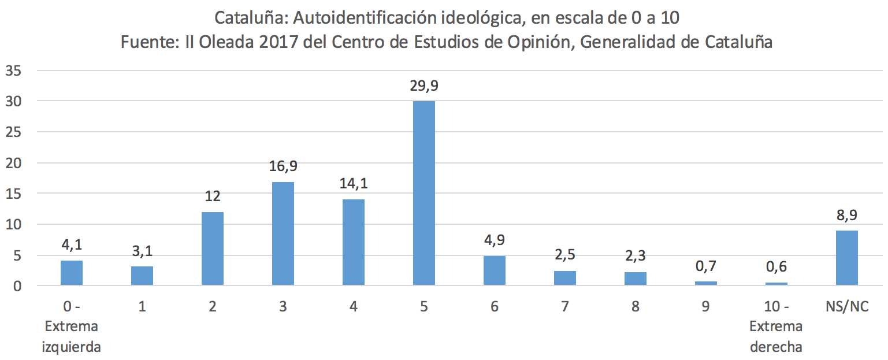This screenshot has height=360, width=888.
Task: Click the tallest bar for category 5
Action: pyautogui.click(x=424, y=193)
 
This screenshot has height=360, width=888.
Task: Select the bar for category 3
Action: pyautogui.click(x=283, y=233)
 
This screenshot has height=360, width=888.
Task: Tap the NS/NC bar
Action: pyautogui.click(x=847, y=258)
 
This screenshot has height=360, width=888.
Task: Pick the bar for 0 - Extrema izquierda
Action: pyautogui.click(x=72, y=273)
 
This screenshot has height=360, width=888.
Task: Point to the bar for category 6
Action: pyautogui.click(x=495, y=270)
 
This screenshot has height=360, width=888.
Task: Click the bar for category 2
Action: pyautogui.click(x=213, y=248)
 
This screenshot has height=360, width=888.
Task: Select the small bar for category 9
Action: pyautogui.click(x=706, y=283)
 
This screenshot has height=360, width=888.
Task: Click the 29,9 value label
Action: pyautogui.click(x=424, y=87)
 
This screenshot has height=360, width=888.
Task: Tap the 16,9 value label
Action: pyautogui.click(x=283, y=167)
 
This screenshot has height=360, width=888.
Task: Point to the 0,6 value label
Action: pyautogui.click(x=776, y=267)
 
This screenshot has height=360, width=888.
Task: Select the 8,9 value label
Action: pyautogui.click(x=847, y=216)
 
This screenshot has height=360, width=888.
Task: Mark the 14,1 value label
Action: pyautogui.click(x=354, y=184)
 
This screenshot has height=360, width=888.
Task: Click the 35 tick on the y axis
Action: pyautogui.click(x=14, y=70)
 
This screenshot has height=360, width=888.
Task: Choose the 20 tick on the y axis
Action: pyautogui.click(x=14, y=163)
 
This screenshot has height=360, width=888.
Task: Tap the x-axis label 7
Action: pyautogui.click(x=565, y=307)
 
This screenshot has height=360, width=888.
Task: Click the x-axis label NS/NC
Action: pyautogui.click(x=847, y=307)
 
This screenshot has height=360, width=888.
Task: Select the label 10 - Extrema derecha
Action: pyautogui.click(x=776, y=326)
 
